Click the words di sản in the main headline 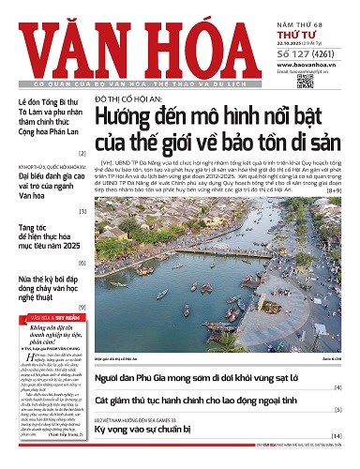point(311,149)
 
